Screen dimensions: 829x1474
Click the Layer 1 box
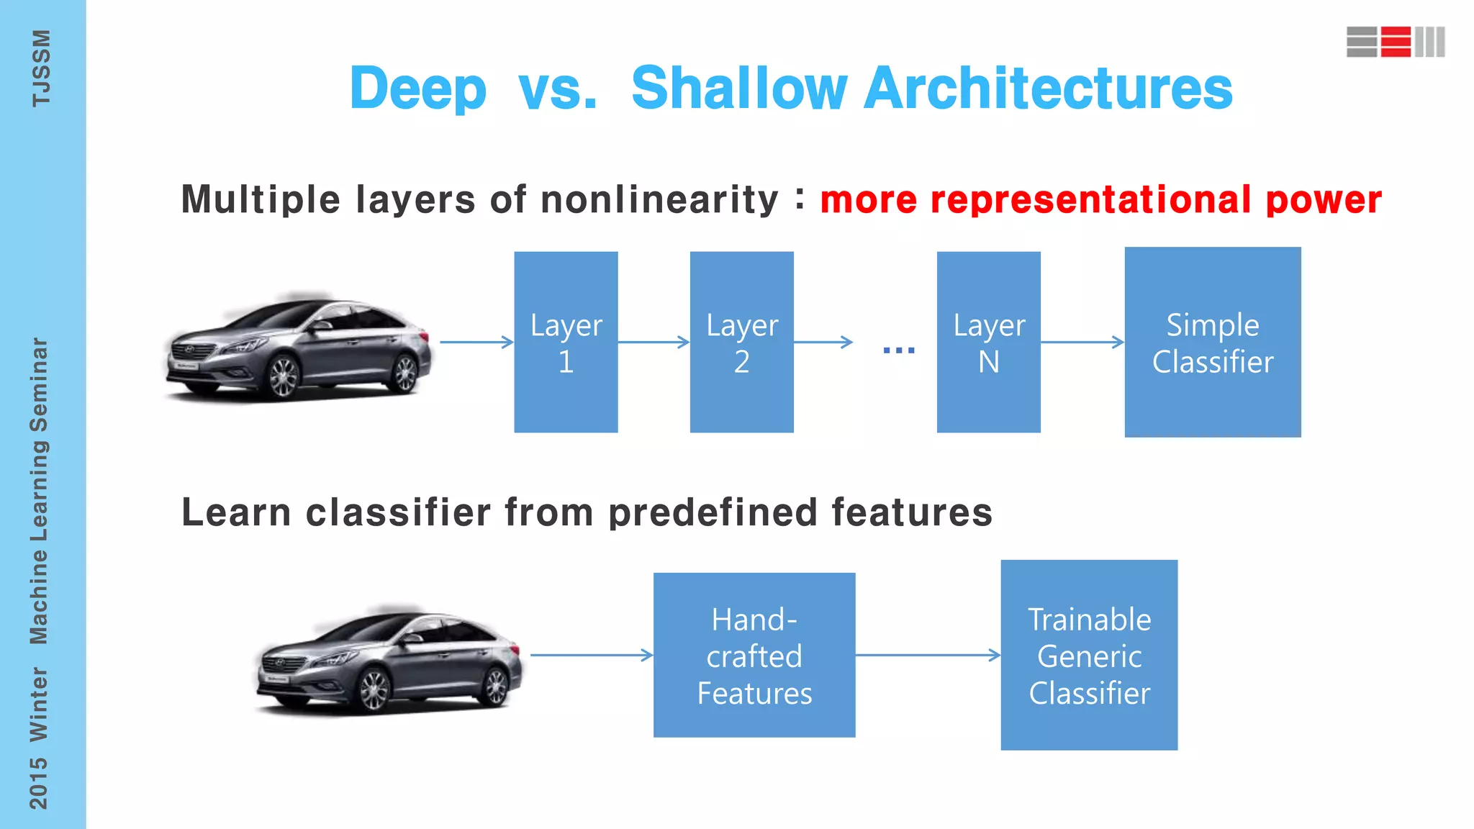point(566,342)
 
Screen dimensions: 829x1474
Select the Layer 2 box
point(741,342)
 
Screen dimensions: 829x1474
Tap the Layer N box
point(988,342)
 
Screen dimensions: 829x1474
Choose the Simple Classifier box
point(1213,342)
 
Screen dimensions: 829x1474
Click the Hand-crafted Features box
point(754,655)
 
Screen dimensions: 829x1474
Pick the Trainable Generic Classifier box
point(1089,655)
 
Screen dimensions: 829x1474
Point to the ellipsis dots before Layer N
point(899,350)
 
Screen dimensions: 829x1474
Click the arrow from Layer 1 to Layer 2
point(654,343)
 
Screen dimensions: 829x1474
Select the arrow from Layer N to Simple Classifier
point(1082,343)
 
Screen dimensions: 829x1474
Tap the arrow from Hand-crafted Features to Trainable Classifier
point(928,655)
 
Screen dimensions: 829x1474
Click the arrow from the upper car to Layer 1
point(476,343)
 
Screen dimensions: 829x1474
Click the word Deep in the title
point(418,89)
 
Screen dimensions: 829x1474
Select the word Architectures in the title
point(1048,89)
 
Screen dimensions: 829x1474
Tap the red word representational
point(1091,200)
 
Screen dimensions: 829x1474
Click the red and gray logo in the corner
point(1396,42)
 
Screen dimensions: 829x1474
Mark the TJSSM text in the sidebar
point(41,68)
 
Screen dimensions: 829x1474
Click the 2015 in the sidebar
point(39,783)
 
